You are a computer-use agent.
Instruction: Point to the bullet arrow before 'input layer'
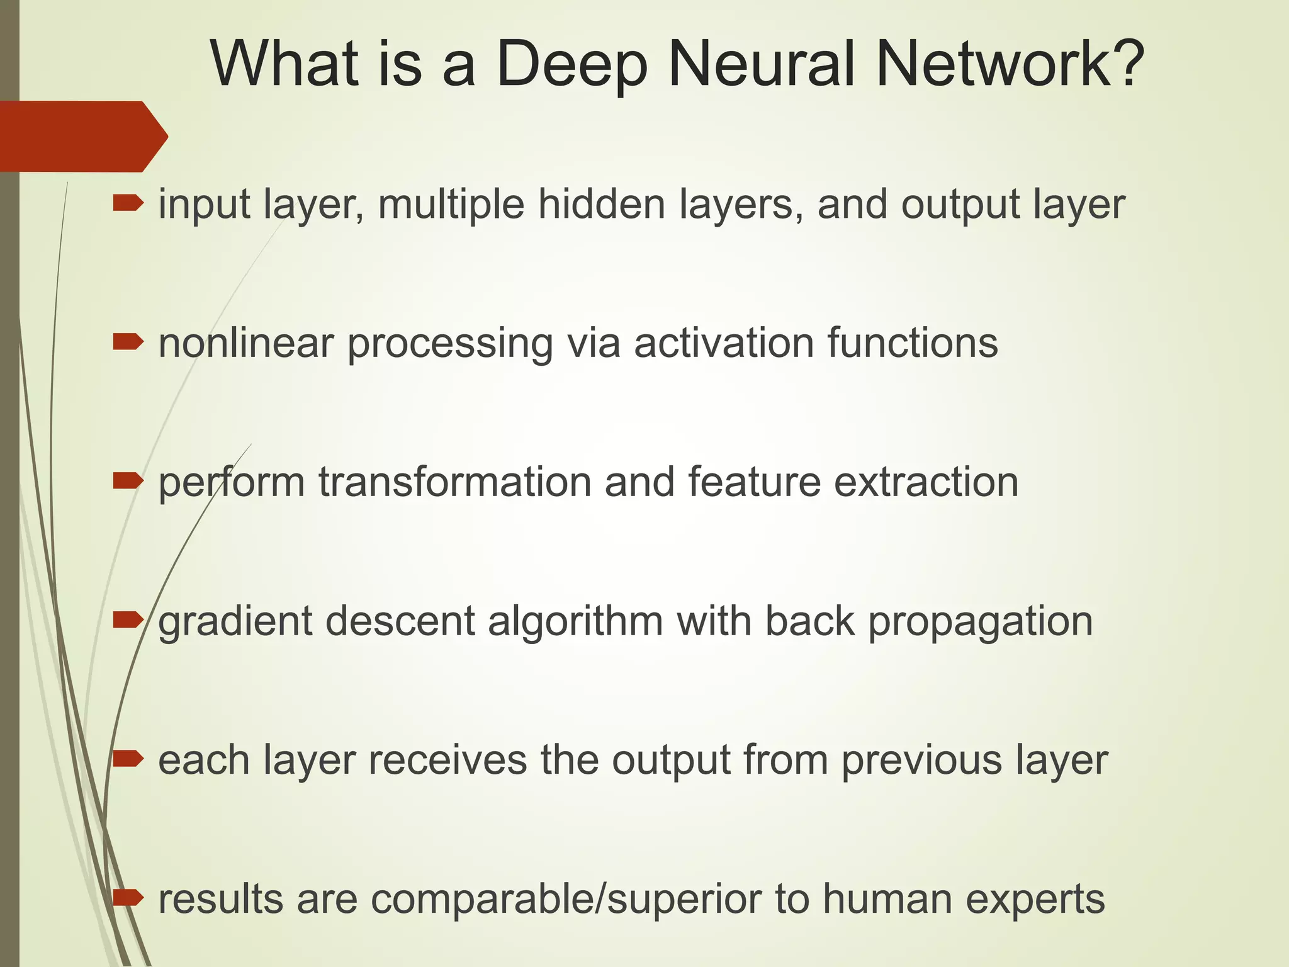[128, 203]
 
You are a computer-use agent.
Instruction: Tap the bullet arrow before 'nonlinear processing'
[128, 342]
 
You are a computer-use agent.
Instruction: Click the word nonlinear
[245, 343]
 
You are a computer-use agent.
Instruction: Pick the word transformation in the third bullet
[454, 482]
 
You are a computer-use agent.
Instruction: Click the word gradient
[235, 622]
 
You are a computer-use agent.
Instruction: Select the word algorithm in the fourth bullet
[575, 622]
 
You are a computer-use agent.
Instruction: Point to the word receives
[447, 760]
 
